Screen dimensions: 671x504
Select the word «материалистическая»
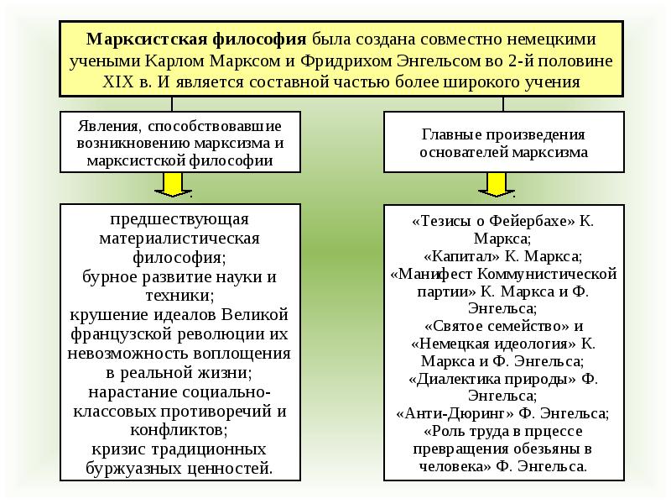point(179,238)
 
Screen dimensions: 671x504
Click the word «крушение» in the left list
point(101,314)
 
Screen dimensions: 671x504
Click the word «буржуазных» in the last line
point(131,468)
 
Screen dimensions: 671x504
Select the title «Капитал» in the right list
point(455,256)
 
